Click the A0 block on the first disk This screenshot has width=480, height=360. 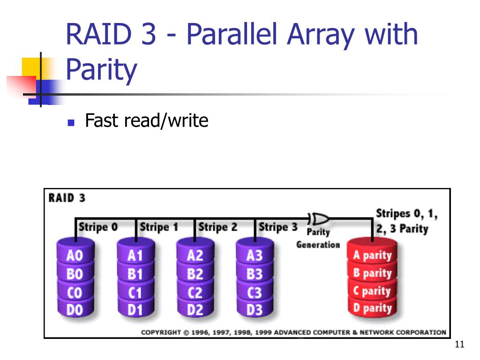click(75, 256)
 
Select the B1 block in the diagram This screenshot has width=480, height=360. click(135, 274)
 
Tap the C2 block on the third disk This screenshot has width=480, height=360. click(195, 292)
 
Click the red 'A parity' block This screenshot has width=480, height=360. click(372, 256)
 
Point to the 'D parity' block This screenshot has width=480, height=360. click(372, 308)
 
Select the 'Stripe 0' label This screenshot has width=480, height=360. click(98, 227)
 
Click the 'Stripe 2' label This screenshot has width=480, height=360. click(218, 227)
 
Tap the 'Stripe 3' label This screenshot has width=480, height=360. click(278, 227)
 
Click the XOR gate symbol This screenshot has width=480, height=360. click(321, 218)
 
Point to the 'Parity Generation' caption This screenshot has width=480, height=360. click(318, 238)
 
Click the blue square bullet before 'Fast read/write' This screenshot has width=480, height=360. click(71, 123)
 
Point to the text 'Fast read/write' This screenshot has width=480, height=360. click(146, 121)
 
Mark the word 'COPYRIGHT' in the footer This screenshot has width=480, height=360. click(161, 332)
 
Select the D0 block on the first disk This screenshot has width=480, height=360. click(75, 310)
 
